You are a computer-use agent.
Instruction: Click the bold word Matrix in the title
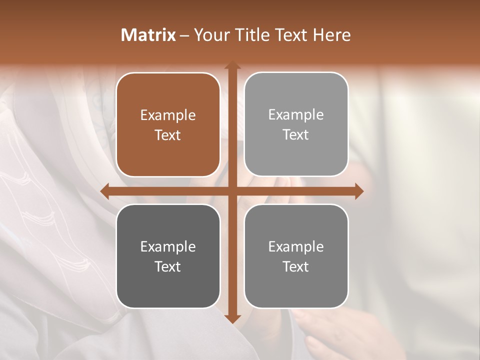point(148,35)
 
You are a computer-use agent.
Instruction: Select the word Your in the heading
point(209,35)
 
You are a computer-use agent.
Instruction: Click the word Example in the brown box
point(168,115)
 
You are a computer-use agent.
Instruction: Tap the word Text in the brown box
point(168,135)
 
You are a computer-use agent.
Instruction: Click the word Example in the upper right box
point(296,115)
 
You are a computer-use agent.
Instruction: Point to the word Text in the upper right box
point(296,134)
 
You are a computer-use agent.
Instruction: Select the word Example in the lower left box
point(168,247)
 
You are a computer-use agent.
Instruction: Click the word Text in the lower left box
point(168,266)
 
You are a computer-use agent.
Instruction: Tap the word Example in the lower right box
point(296,247)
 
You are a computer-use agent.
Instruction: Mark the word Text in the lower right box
point(296,266)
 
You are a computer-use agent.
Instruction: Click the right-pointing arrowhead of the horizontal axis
point(358,191)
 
